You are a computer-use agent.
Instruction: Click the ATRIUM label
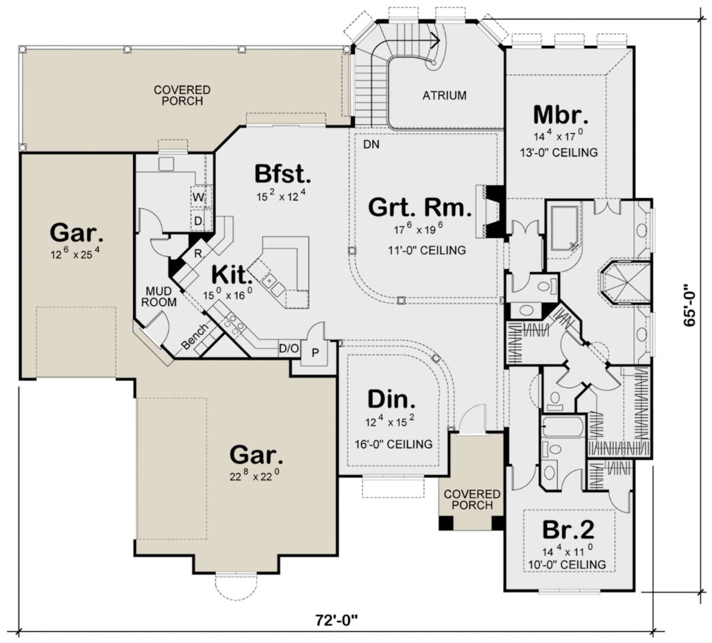pos(444,96)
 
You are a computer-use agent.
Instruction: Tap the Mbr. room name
pos(561,115)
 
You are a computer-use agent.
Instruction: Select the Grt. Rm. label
pos(420,207)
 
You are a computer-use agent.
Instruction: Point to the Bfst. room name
pos(283,173)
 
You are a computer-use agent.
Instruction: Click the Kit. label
pos(230,275)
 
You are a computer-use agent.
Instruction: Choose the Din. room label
pos(391,399)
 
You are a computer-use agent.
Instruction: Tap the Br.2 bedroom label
pos(568,530)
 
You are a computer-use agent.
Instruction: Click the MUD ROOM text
pos(158,297)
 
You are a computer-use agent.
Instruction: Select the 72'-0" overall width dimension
pos(336,620)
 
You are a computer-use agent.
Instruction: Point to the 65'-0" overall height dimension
pos(689,305)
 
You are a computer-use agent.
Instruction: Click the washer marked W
pos(198,197)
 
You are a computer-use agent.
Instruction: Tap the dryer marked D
pos(198,221)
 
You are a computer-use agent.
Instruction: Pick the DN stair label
pos(371,144)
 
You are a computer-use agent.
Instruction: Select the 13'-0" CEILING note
pos(559,153)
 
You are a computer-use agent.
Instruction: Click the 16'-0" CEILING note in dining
pos(393,444)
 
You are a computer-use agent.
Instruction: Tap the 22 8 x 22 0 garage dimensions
pos(252,476)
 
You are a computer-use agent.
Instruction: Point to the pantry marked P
pos(315,353)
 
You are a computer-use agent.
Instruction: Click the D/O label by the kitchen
pos(289,349)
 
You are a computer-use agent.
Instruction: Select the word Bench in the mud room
pos(194,336)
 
